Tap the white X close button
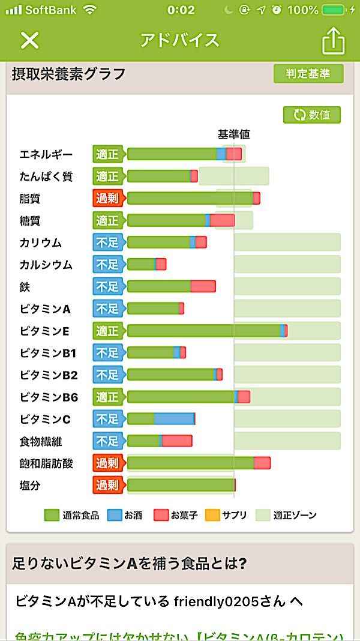point(29,40)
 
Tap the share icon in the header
point(334,41)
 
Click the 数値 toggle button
point(312,115)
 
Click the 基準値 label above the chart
point(233,135)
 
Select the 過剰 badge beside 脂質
point(107,198)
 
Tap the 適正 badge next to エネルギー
point(107,154)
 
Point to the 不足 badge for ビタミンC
point(107,419)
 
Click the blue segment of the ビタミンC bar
point(174,419)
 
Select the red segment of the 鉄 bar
point(203,286)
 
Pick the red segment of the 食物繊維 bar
point(177,441)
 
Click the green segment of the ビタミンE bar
point(203,331)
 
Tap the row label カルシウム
point(46,265)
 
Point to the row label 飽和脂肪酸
point(46,463)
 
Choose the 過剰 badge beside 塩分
point(107,485)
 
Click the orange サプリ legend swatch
point(212,515)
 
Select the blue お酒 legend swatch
point(114,515)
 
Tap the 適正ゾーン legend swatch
point(263,515)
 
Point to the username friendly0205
point(208,601)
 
